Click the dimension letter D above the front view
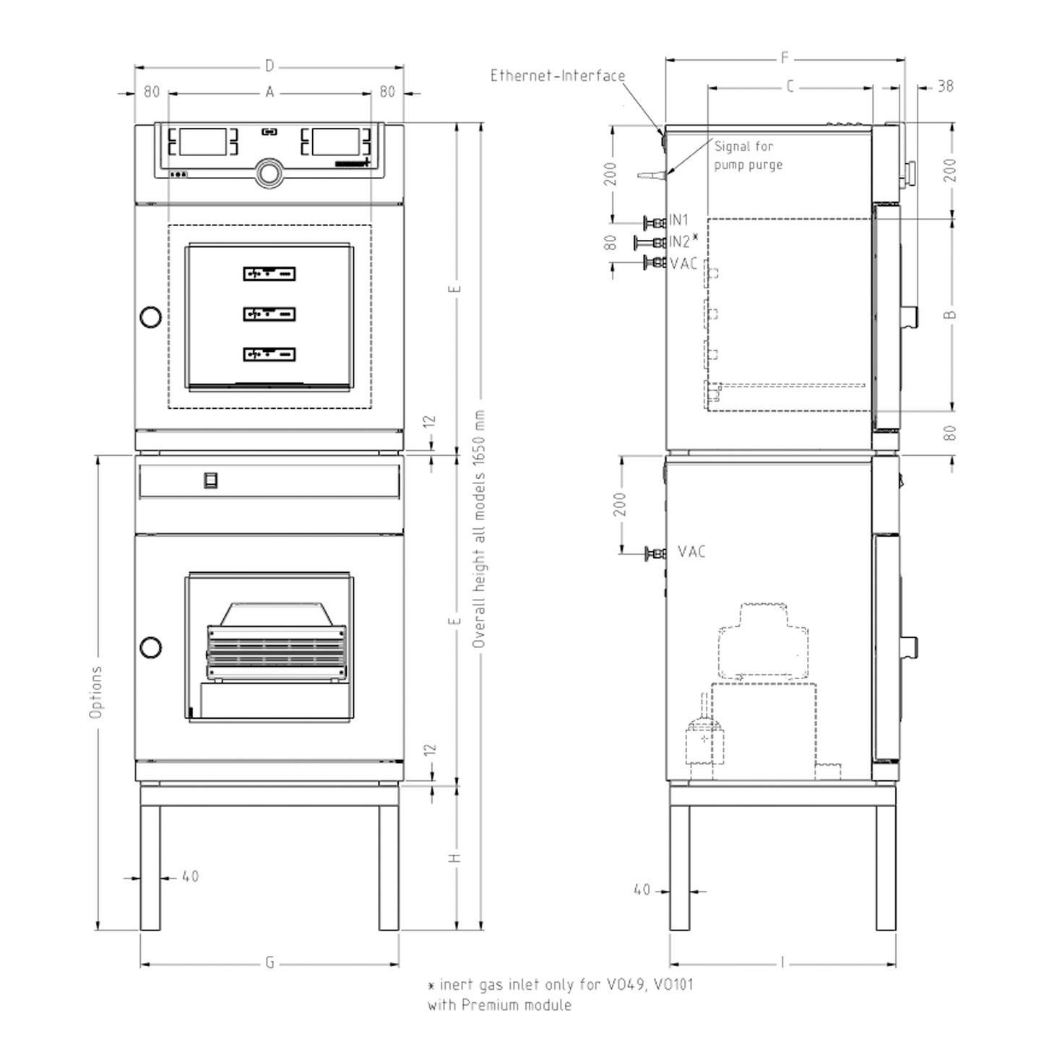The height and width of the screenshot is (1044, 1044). (269, 66)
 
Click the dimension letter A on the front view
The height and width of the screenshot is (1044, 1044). (269, 92)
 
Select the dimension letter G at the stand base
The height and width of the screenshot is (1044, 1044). (269, 963)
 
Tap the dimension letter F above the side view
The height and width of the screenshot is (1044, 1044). (785, 58)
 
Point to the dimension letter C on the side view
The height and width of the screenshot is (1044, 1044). (790, 87)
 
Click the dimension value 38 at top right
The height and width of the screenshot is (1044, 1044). (946, 86)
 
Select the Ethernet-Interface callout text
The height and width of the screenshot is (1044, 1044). (558, 76)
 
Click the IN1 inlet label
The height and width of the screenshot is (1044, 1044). (678, 220)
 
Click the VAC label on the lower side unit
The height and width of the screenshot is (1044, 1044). (692, 552)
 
